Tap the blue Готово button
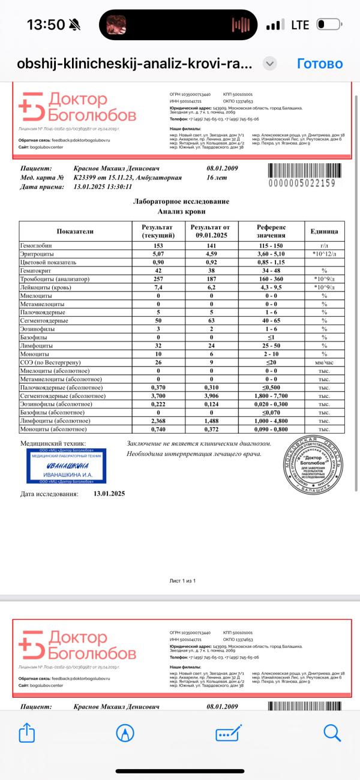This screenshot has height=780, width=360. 320,64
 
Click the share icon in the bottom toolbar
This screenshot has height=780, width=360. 26,732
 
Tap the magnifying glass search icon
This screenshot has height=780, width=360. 332,732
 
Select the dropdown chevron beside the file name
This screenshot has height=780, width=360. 270,64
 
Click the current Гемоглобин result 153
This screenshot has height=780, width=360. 159,246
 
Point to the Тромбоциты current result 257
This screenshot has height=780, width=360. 159,279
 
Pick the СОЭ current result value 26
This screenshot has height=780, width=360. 159,362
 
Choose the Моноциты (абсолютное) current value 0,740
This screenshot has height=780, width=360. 159,430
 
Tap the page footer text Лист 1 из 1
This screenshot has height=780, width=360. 183,581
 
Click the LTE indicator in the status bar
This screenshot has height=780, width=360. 300,25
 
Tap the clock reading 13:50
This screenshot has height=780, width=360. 46,25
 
